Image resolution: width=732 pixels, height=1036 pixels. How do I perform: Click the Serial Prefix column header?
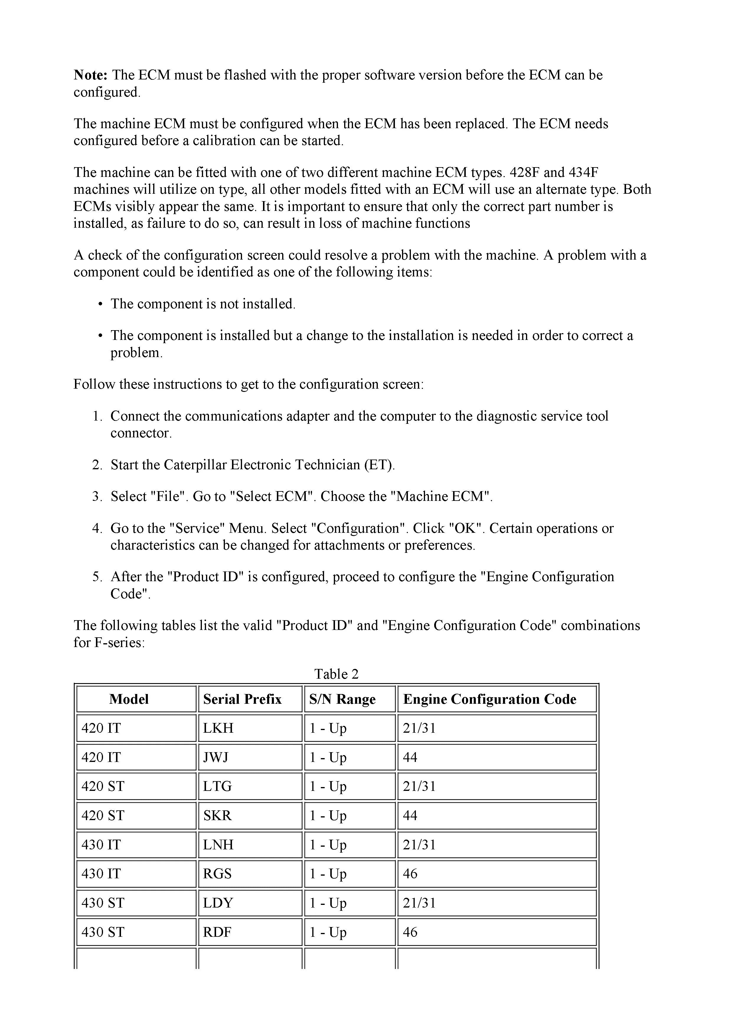[242, 699]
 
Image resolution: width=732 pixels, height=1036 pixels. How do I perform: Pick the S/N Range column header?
[342, 699]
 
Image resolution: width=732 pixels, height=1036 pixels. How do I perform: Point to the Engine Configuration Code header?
[489, 699]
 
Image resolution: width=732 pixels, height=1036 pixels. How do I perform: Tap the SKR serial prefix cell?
[218, 815]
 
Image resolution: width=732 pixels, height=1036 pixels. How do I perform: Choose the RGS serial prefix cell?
[218, 874]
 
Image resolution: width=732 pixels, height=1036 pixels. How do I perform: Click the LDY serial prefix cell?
[218, 903]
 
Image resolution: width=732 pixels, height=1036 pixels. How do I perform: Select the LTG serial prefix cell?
[218, 786]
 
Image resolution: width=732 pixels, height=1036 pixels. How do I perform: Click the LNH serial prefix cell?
[218, 845]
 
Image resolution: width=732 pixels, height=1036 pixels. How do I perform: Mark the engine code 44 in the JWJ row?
[410, 757]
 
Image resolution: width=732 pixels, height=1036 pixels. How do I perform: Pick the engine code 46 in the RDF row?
[410, 932]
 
